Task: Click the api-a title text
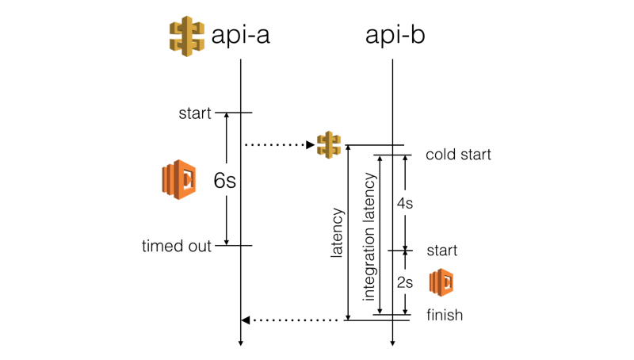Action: [241, 36]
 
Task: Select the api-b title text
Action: [394, 36]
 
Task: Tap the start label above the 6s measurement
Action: [195, 113]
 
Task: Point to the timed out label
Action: [177, 246]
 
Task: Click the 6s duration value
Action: [224, 181]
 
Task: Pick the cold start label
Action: [458, 155]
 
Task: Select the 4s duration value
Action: [404, 203]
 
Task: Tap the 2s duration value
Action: [404, 282]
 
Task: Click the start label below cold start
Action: [442, 251]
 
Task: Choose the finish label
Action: [445, 315]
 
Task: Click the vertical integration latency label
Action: [369, 236]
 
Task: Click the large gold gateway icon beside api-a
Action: [187, 36]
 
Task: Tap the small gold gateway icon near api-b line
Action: [329, 144]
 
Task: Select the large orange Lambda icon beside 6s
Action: [179, 179]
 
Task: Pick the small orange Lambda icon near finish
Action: [441, 282]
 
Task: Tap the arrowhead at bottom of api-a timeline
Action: [240, 343]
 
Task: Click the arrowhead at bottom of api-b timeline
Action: [393, 343]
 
